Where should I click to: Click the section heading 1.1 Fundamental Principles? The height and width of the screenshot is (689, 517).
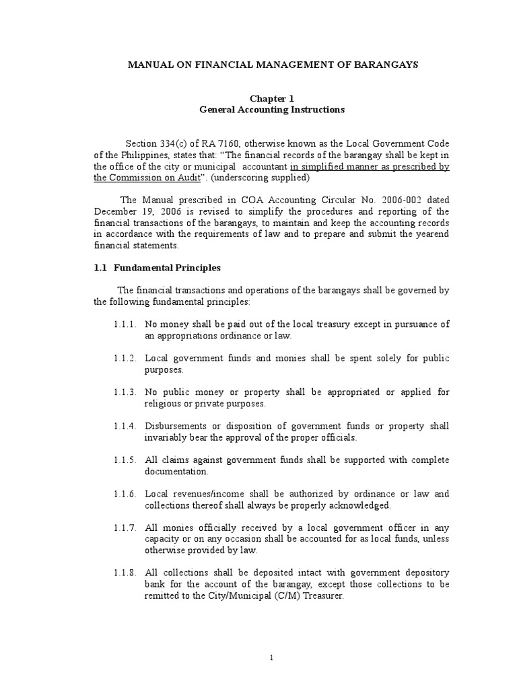pos(158,268)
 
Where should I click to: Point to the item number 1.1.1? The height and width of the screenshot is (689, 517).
pos(126,324)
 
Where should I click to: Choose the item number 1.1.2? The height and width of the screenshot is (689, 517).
pos(126,359)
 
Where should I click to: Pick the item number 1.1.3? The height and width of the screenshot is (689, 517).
pos(126,392)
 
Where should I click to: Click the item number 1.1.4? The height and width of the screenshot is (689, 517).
pos(126,427)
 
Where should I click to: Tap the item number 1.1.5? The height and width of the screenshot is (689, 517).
pos(126,460)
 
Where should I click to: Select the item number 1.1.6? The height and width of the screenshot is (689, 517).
pos(126,495)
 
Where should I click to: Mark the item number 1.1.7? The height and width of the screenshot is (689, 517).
pos(126,528)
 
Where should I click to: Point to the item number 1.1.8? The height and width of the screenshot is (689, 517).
pos(126,573)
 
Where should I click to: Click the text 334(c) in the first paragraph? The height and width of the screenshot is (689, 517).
pos(176,145)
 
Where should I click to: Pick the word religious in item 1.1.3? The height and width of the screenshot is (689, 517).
pos(164,404)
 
